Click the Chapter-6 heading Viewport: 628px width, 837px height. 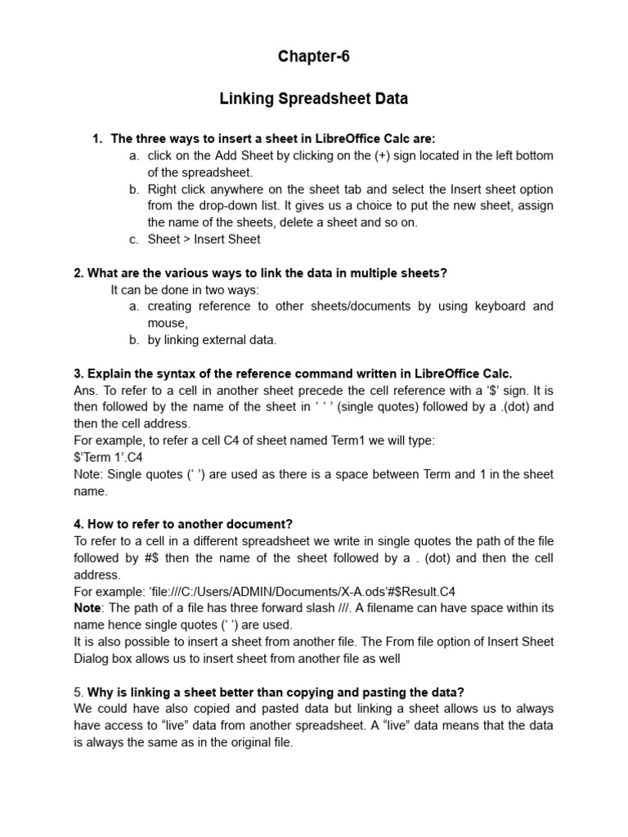pos(313,56)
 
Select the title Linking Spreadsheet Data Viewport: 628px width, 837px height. pos(313,99)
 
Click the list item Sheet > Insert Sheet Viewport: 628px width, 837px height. pos(204,239)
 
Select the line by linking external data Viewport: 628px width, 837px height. pos(212,340)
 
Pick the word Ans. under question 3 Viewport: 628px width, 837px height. pos(85,390)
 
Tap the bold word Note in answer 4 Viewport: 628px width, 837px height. pos(87,608)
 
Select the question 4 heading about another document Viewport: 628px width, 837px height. pos(183,524)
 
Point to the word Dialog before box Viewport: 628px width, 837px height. pos(94,659)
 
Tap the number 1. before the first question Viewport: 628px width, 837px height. pos(97,139)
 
